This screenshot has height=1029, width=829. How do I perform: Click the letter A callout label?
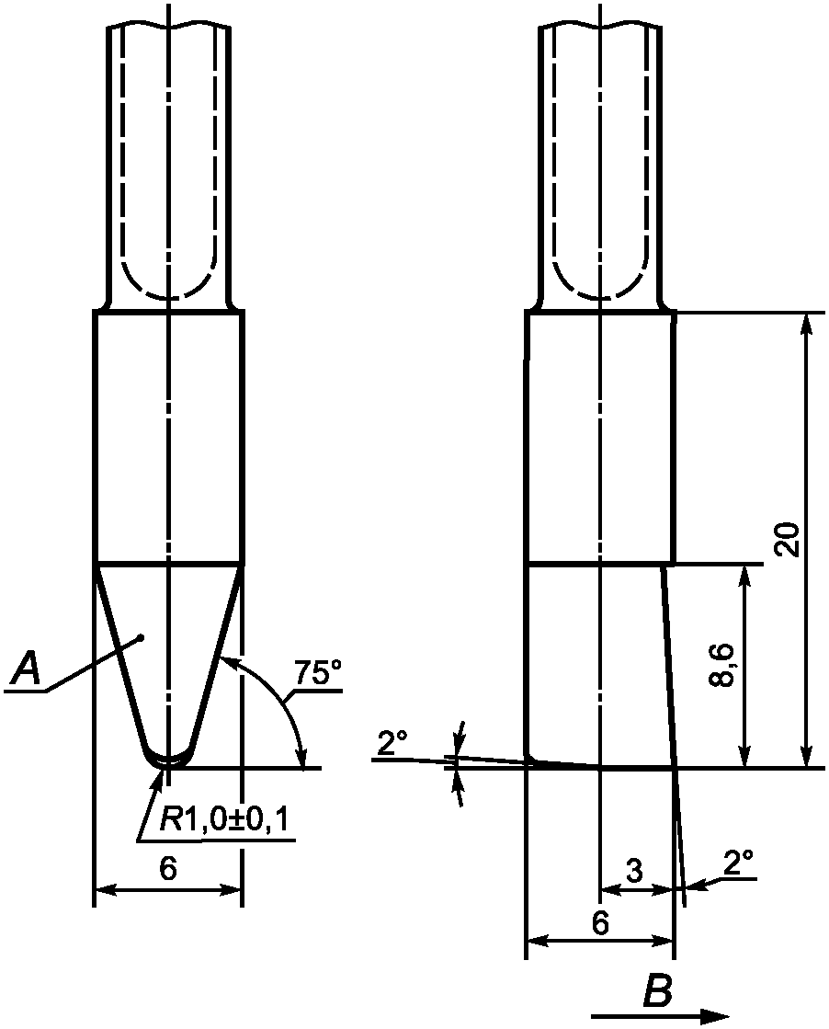(x=28, y=668)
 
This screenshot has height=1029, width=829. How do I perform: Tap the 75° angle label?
(x=317, y=672)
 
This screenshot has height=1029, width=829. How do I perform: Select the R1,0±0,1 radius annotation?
(x=223, y=819)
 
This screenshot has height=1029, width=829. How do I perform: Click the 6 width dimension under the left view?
(x=168, y=870)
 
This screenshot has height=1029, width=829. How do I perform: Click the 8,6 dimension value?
(x=722, y=665)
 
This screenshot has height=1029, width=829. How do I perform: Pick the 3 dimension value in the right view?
(x=634, y=870)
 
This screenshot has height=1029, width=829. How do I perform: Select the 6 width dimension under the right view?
(x=599, y=923)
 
